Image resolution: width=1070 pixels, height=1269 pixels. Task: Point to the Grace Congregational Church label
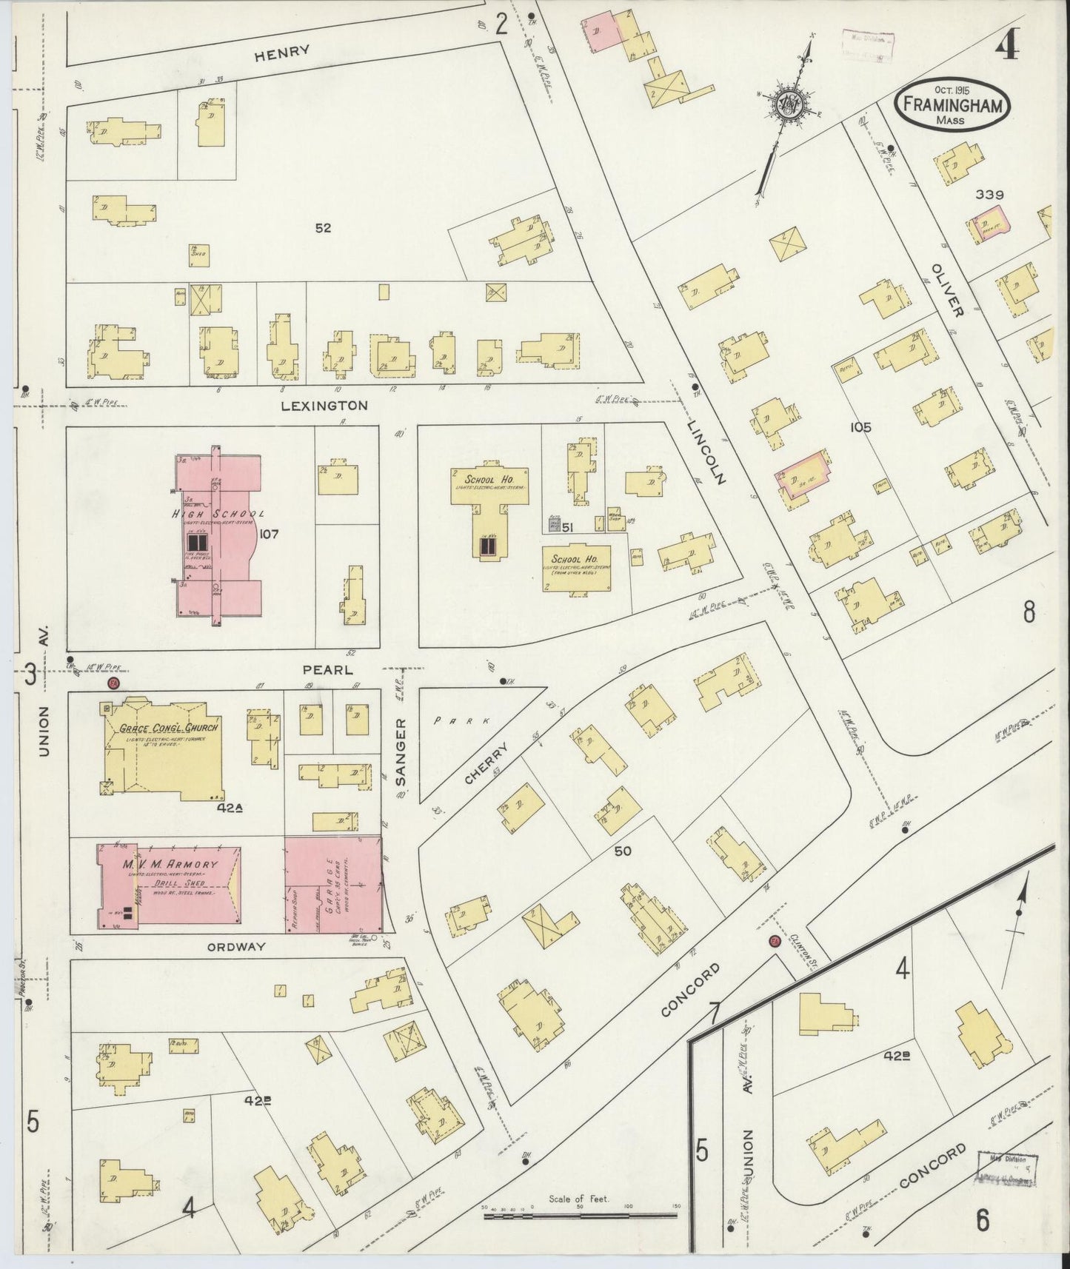point(170,728)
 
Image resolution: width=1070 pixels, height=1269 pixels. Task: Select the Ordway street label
point(235,947)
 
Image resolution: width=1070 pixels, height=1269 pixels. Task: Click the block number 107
point(269,533)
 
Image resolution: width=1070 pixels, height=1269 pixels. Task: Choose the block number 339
point(989,195)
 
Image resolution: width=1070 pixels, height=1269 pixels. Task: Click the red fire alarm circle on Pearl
point(113,683)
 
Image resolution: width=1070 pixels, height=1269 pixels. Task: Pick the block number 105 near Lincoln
point(860,427)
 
